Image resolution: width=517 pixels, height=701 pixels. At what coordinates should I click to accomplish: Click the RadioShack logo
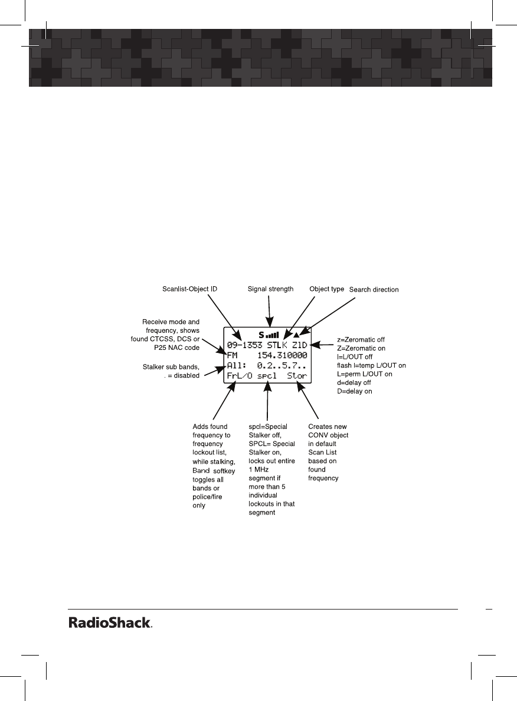110,623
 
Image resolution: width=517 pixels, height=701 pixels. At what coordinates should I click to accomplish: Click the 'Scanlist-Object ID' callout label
189,289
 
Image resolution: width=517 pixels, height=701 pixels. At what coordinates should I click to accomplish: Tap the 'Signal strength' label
269,289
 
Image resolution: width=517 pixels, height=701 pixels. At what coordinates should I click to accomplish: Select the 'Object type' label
327,289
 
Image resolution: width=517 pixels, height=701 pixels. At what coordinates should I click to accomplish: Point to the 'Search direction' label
374,290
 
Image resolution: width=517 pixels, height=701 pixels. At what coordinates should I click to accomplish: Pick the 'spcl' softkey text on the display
267,375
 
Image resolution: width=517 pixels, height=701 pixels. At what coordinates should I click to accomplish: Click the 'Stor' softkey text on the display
297,375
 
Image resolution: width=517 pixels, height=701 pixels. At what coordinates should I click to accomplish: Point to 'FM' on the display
232,355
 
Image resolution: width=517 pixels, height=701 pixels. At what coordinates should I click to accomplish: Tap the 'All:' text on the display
237,365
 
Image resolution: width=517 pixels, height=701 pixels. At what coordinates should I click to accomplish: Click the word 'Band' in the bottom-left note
201,471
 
